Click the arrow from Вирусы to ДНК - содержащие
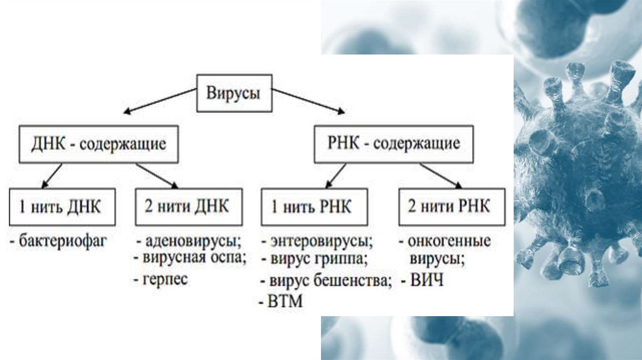click(159, 102)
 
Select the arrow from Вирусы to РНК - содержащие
click(307, 102)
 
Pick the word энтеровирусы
click(321, 241)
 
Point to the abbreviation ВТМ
click(284, 302)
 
